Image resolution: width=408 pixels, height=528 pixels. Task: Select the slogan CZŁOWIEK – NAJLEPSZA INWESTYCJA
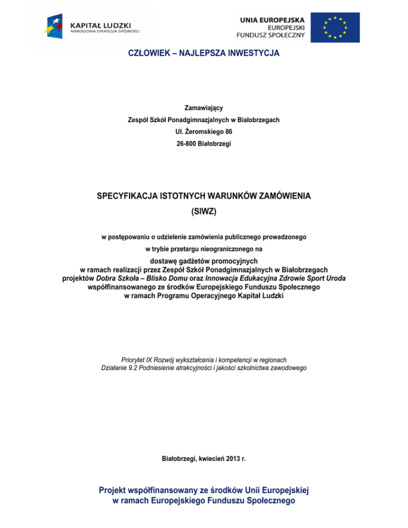(204, 54)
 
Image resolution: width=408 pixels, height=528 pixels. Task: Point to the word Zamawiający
(204, 108)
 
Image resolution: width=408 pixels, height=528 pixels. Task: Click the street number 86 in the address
(228, 131)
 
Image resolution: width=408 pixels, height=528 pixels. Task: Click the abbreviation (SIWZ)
(204, 211)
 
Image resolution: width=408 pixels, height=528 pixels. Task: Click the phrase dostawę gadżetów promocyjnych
(204, 260)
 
